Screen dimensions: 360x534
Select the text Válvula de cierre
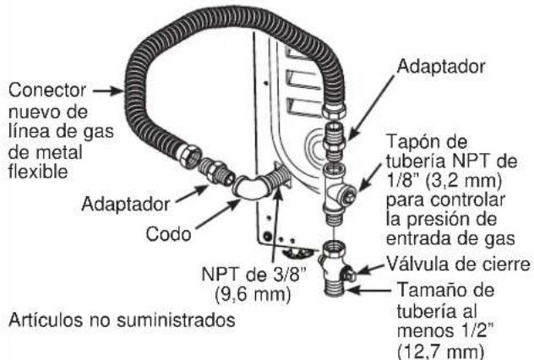455,265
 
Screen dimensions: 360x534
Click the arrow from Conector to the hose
106,88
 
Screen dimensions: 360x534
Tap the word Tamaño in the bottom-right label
424,291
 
